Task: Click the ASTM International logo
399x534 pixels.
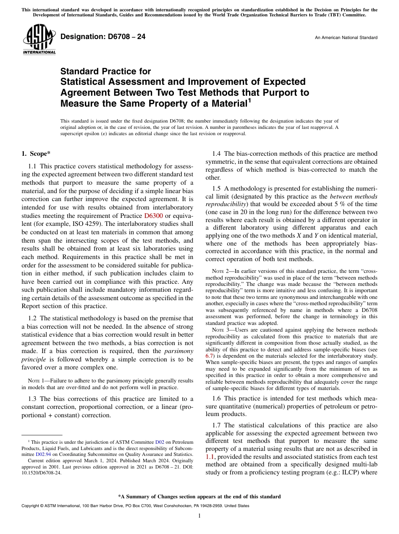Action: pos(39,40)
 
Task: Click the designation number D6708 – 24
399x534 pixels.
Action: pos(103,37)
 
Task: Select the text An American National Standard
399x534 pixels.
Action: pos(346,38)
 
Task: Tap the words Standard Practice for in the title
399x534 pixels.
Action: pos(105,71)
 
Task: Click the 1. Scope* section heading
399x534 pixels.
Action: pos(37,154)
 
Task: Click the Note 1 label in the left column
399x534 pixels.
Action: pos(38,381)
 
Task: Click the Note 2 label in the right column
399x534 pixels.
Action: pos(223,271)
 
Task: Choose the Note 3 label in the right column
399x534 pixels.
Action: pos(223,330)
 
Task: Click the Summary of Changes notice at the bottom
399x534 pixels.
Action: pos(199,497)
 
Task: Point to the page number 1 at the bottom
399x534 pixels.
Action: pos(199,516)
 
